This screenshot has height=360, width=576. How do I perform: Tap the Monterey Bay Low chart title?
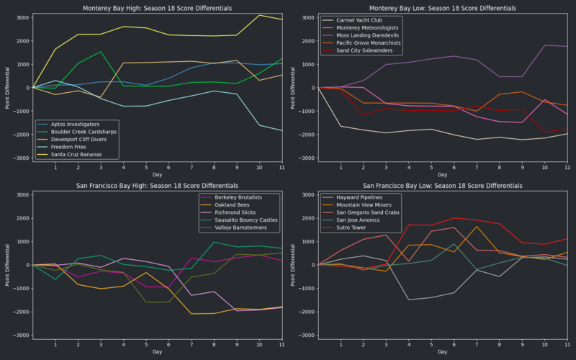tap(443, 8)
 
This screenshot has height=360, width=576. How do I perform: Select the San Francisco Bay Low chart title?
tap(443, 186)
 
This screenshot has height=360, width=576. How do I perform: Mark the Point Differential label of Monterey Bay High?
tap(8, 87)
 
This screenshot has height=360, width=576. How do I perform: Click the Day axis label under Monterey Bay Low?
tap(443, 174)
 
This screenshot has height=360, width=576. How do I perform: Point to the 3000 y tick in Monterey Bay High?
tap(22, 17)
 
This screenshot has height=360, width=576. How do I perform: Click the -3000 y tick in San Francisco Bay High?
tap(20, 336)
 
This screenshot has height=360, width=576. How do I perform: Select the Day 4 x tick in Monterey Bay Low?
tap(409, 166)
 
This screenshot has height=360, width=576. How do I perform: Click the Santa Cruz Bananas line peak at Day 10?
tap(260, 15)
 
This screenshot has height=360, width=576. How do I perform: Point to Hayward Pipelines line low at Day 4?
tap(409, 300)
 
